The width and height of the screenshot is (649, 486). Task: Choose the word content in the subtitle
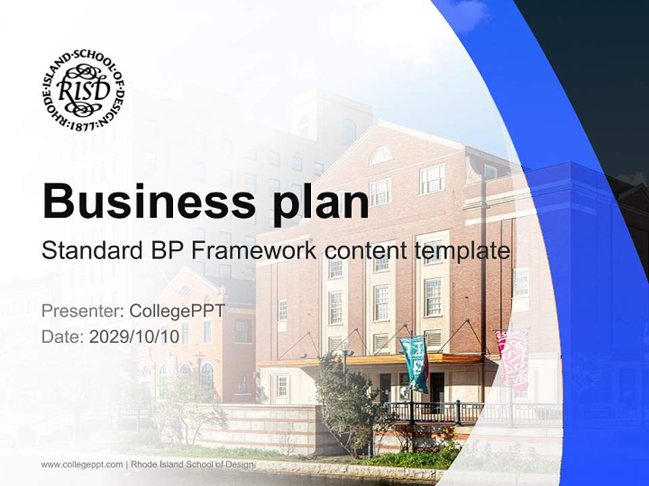(x=369, y=251)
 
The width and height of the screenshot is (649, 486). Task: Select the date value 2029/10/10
(x=135, y=337)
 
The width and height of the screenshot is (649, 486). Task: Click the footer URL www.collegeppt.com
(x=82, y=464)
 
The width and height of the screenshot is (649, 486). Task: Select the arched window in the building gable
(x=380, y=156)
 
